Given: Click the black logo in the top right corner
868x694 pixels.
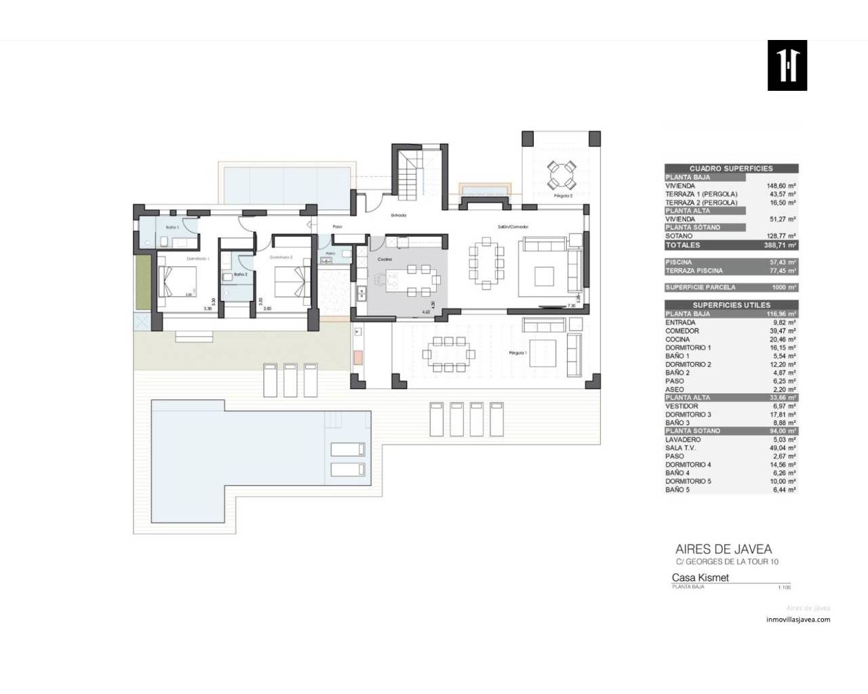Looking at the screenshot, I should click(x=787, y=65).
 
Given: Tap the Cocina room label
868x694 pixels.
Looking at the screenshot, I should click(x=385, y=260).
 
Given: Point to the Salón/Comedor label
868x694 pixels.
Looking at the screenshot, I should click(x=513, y=226).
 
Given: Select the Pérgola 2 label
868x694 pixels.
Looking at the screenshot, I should click(x=563, y=195).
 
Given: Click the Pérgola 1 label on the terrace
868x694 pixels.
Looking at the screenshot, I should click(x=518, y=353).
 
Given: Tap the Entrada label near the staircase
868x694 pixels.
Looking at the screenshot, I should click(x=398, y=216).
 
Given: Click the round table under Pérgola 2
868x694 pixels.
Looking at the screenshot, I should click(x=561, y=175).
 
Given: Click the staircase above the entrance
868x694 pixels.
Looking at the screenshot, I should click(x=411, y=173).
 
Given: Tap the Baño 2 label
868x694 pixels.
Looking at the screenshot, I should click(x=240, y=274).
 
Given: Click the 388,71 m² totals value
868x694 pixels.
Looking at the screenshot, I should click(x=779, y=245).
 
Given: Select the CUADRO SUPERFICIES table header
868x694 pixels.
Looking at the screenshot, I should click(x=730, y=169).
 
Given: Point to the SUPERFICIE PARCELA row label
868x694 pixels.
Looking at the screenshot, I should click(x=700, y=287).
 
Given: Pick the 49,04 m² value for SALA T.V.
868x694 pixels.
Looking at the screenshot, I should click(x=781, y=448).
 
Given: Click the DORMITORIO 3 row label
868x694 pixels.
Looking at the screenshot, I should click(x=688, y=415).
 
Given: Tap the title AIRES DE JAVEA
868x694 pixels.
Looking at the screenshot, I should click(x=723, y=550).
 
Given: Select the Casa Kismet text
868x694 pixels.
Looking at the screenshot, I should click(x=700, y=578).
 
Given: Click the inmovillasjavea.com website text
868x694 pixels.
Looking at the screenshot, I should click(x=797, y=619).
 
